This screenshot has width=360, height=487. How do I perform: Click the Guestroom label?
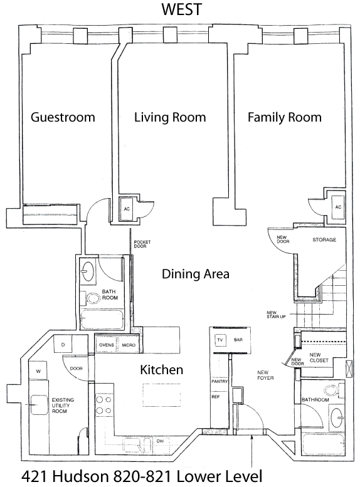click(63, 117)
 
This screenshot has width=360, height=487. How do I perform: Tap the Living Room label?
click(170, 117)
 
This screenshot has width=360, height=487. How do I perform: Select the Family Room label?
click(285, 117)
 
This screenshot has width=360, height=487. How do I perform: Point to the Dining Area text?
click(196, 274)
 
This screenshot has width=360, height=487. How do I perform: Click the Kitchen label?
click(162, 370)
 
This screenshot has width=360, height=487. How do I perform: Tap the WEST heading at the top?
click(182, 9)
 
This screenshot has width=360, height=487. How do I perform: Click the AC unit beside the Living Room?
click(127, 209)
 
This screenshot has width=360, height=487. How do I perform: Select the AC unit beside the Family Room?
click(338, 207)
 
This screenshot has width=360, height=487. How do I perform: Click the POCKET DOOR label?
click(142, 244)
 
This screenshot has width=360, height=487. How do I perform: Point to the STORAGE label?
click(324, 240)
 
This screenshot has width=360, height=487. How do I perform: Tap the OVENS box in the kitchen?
click(107, 345)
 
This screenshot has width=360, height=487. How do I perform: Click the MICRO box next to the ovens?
click(129, 345)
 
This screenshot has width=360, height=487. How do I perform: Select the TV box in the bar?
click(220, 340)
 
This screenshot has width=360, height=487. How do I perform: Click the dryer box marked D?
click(63, 345)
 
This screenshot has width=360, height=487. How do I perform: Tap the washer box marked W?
click(38, 370)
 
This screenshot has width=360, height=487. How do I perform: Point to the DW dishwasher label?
click(161, 441)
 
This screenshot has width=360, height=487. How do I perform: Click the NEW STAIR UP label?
click(276, 314)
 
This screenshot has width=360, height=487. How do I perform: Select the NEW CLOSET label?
click(319, 357)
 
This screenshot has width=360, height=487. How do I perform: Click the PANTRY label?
click(220, 381)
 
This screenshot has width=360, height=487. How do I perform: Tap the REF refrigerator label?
click(216, 397)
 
